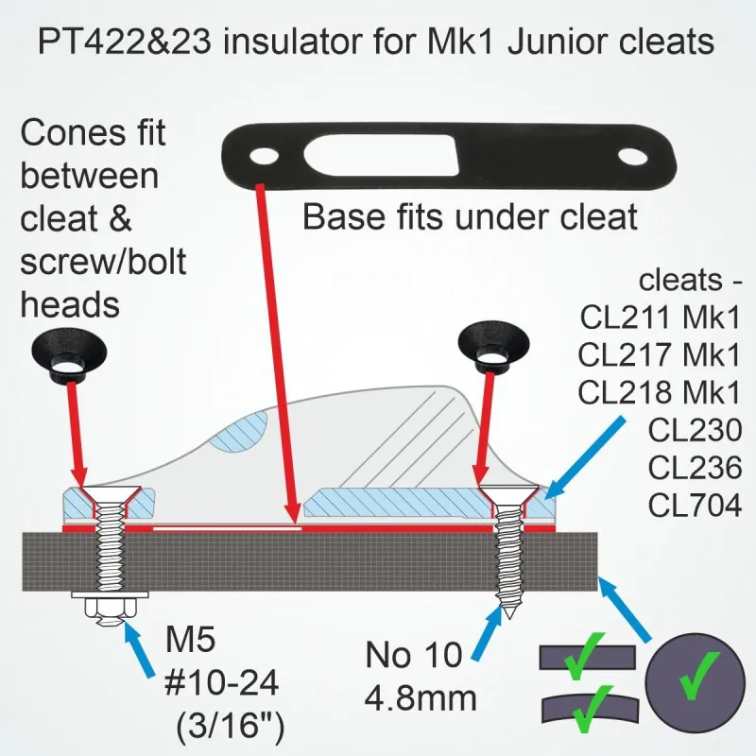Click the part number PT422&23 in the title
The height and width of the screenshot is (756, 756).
click(125, 41)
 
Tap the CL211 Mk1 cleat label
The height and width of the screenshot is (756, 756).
click(660, 317)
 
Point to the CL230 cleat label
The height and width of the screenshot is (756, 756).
click(695, 430)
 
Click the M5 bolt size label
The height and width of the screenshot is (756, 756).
click(190, 639)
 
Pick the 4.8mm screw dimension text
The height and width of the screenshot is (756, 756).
click(421, 697)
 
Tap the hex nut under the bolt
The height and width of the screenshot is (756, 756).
click(110, 611)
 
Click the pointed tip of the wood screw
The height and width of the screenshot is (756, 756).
click(510, 618)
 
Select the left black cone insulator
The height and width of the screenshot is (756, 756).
click(69, 358)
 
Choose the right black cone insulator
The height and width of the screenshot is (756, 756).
click(493, 347)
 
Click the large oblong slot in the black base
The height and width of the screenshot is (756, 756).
click(380, 155)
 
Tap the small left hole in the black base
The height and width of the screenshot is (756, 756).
click(264, 156)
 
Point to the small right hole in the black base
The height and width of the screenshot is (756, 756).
click(632, 157)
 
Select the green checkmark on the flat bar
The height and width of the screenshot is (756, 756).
click(585, 656)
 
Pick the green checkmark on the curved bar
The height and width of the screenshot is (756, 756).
click(590, 709)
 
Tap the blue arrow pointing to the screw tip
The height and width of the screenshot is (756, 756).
click(488, 632)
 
